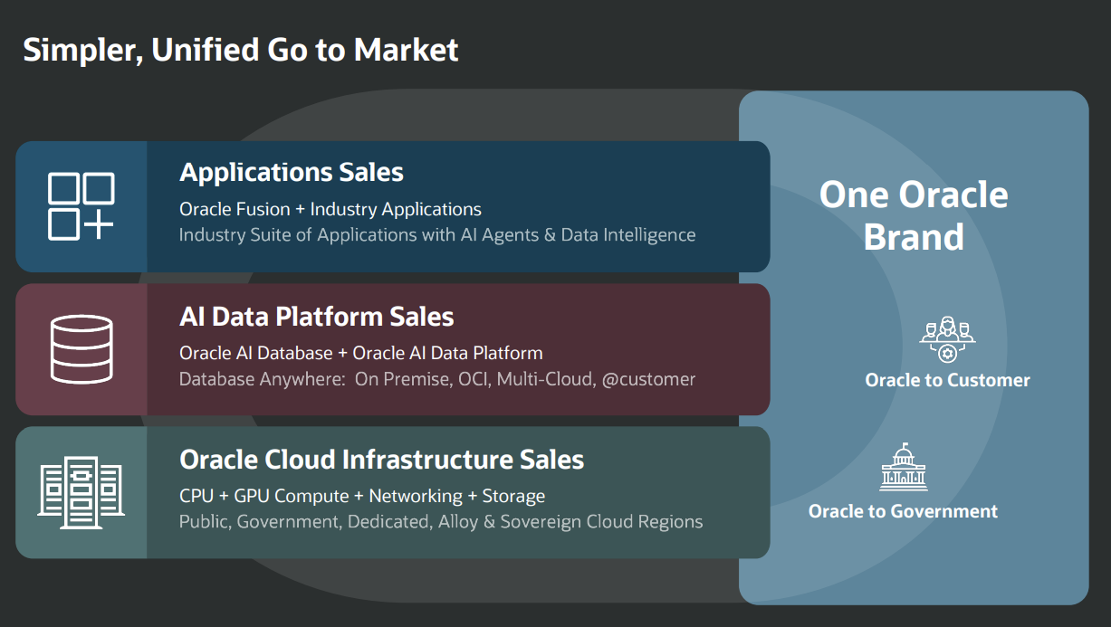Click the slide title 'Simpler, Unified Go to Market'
(241, 50)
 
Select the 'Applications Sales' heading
(292, 172)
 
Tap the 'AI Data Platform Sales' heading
(317, 317)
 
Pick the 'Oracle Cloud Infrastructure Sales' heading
(381, 460)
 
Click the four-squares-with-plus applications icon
(81, 206)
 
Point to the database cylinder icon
(81, 348)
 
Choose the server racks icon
(81, 490)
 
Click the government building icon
(903, 468)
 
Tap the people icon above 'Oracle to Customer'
(947, 339)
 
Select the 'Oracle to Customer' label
(947, 380)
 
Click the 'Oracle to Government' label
(903, 511)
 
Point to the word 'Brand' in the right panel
(914, 237)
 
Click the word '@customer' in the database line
(649, 379)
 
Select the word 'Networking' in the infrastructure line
(416, 496)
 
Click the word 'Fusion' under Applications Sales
(263, 209)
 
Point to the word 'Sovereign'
(541, 522)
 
